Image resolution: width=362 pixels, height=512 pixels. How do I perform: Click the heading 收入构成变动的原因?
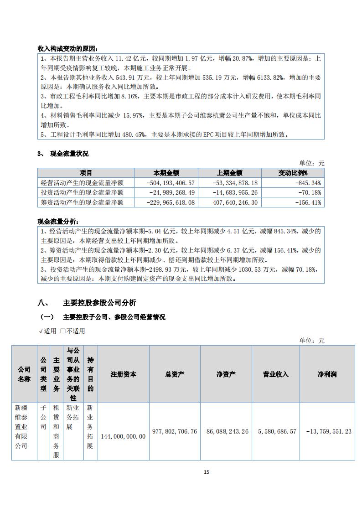[x=67, y=49]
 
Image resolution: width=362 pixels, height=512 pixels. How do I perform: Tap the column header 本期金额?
[x=166, y=173]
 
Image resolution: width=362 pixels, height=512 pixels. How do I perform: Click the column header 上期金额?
[x=230, y=173]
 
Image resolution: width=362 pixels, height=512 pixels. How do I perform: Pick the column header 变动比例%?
[x=293, y=173]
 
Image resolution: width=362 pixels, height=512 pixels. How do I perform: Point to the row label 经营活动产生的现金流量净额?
[x=82, y=183]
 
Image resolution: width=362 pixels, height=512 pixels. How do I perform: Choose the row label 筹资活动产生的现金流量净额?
[x=82, y=202]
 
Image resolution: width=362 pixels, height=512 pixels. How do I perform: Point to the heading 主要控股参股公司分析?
[x=99, y=303]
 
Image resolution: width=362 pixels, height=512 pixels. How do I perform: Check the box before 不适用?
[x=63, y=331]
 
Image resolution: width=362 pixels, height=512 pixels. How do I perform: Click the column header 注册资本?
[x=123, y=374]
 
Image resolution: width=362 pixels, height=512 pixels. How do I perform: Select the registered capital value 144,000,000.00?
[x=123, y=436]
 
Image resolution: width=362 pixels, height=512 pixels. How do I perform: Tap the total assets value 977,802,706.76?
[x=175, y=431]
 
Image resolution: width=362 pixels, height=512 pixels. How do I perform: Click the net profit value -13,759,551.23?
[x=328, y=431]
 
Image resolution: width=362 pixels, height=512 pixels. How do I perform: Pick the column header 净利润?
[x=327, y=374]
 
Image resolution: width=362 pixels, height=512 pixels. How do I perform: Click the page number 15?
[x=206, y=472]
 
